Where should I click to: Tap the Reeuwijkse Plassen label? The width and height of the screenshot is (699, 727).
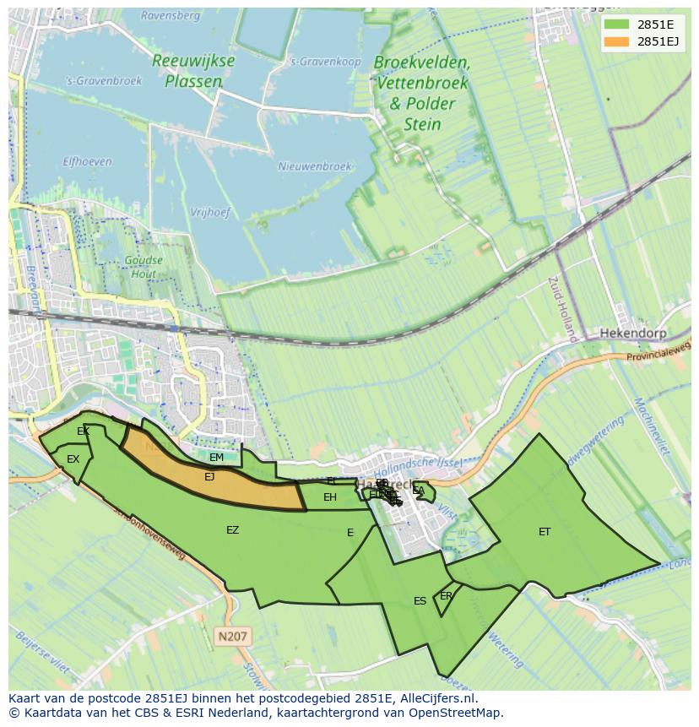(193, 71)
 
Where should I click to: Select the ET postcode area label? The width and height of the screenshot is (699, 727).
(545, 532)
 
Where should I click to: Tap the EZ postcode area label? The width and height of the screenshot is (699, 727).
(232, 530)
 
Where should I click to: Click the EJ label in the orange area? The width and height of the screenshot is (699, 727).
(209, 477)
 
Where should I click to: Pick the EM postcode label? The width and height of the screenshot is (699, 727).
(216, 458)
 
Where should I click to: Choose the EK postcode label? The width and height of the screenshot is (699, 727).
(83, 431)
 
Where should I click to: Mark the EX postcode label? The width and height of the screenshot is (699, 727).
(73, 459)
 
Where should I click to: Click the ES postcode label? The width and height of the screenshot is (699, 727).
(420, 601)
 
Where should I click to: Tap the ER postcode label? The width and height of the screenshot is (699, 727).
(446, 596)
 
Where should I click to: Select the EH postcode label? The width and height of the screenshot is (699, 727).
(330, 497)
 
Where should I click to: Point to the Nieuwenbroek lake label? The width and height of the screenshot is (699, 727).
(314, 167)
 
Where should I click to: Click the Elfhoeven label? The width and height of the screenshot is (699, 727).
(86, 160)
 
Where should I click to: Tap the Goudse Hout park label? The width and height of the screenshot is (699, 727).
(144, 268)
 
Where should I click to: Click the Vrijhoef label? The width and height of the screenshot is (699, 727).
(210, 213)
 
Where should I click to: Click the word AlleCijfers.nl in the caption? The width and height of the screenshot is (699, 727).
(438, 698)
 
